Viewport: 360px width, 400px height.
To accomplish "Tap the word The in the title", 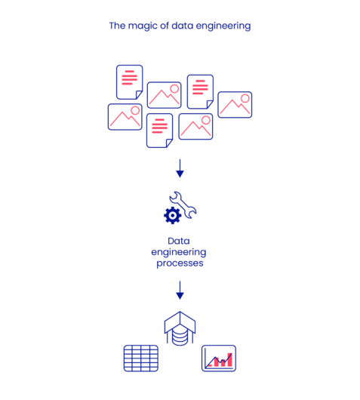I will [117, 26].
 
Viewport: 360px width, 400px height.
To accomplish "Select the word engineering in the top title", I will [222, 26].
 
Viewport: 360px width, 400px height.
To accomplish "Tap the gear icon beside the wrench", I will [172, 217].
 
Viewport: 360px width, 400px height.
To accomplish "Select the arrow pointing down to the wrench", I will [180, 168].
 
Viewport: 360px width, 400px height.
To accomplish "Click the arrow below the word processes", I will [180, 289].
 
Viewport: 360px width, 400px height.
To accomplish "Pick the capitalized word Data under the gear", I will [180, 242].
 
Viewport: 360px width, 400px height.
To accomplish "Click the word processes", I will [180, 263].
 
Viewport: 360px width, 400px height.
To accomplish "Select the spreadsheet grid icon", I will [140, 358].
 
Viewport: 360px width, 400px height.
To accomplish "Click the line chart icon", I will [219, 358].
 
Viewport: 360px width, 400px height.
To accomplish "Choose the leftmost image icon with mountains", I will [125, 117].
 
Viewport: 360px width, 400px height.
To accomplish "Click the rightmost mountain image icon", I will [235, 105].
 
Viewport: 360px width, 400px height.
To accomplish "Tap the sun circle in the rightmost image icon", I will [245, 98].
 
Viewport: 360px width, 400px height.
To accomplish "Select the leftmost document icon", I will [129, 81].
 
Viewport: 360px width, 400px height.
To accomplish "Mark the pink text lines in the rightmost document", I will [199, 88].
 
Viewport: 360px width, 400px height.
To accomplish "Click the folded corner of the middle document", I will [168, 142].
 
